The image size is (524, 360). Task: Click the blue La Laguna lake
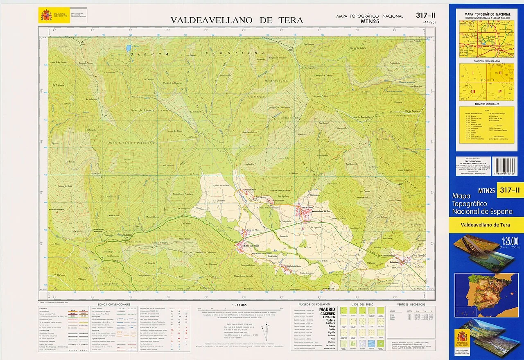click(x=129, y=48)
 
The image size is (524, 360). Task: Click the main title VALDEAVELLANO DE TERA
click(x=237, y=20)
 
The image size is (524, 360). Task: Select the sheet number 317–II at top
click(x=425, y=16)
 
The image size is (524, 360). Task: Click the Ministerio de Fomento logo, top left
click(x=46, y=16)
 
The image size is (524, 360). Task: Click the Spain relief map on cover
click(x=486, y=295)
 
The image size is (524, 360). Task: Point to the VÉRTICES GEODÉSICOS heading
click(x=411, y=305)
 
